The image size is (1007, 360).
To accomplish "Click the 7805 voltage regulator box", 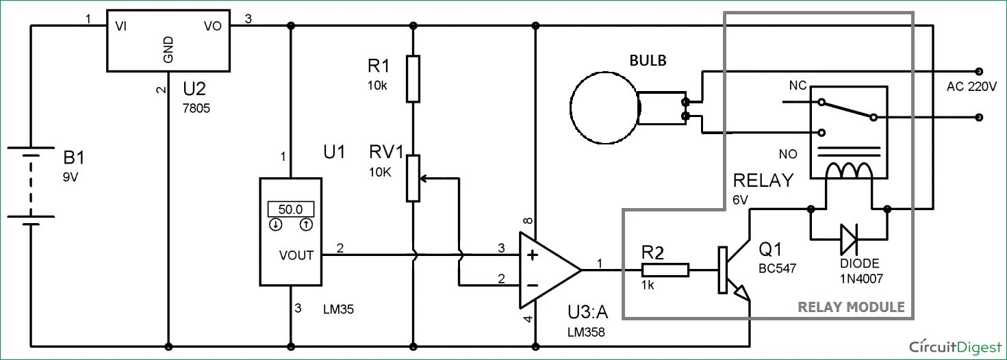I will [168, 40].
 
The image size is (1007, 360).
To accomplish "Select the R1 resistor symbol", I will [412, 78].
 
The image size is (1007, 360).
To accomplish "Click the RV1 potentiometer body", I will [412, 178].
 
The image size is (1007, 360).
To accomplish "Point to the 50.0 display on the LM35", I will [290, 209].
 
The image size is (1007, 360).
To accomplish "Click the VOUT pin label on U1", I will [296, 255].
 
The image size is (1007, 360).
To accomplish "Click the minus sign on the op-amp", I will [532, 283].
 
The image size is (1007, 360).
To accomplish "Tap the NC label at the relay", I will [798, 86].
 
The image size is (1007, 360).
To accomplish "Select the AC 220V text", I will [972, 86].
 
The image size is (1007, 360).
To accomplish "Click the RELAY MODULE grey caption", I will [851, 307].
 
